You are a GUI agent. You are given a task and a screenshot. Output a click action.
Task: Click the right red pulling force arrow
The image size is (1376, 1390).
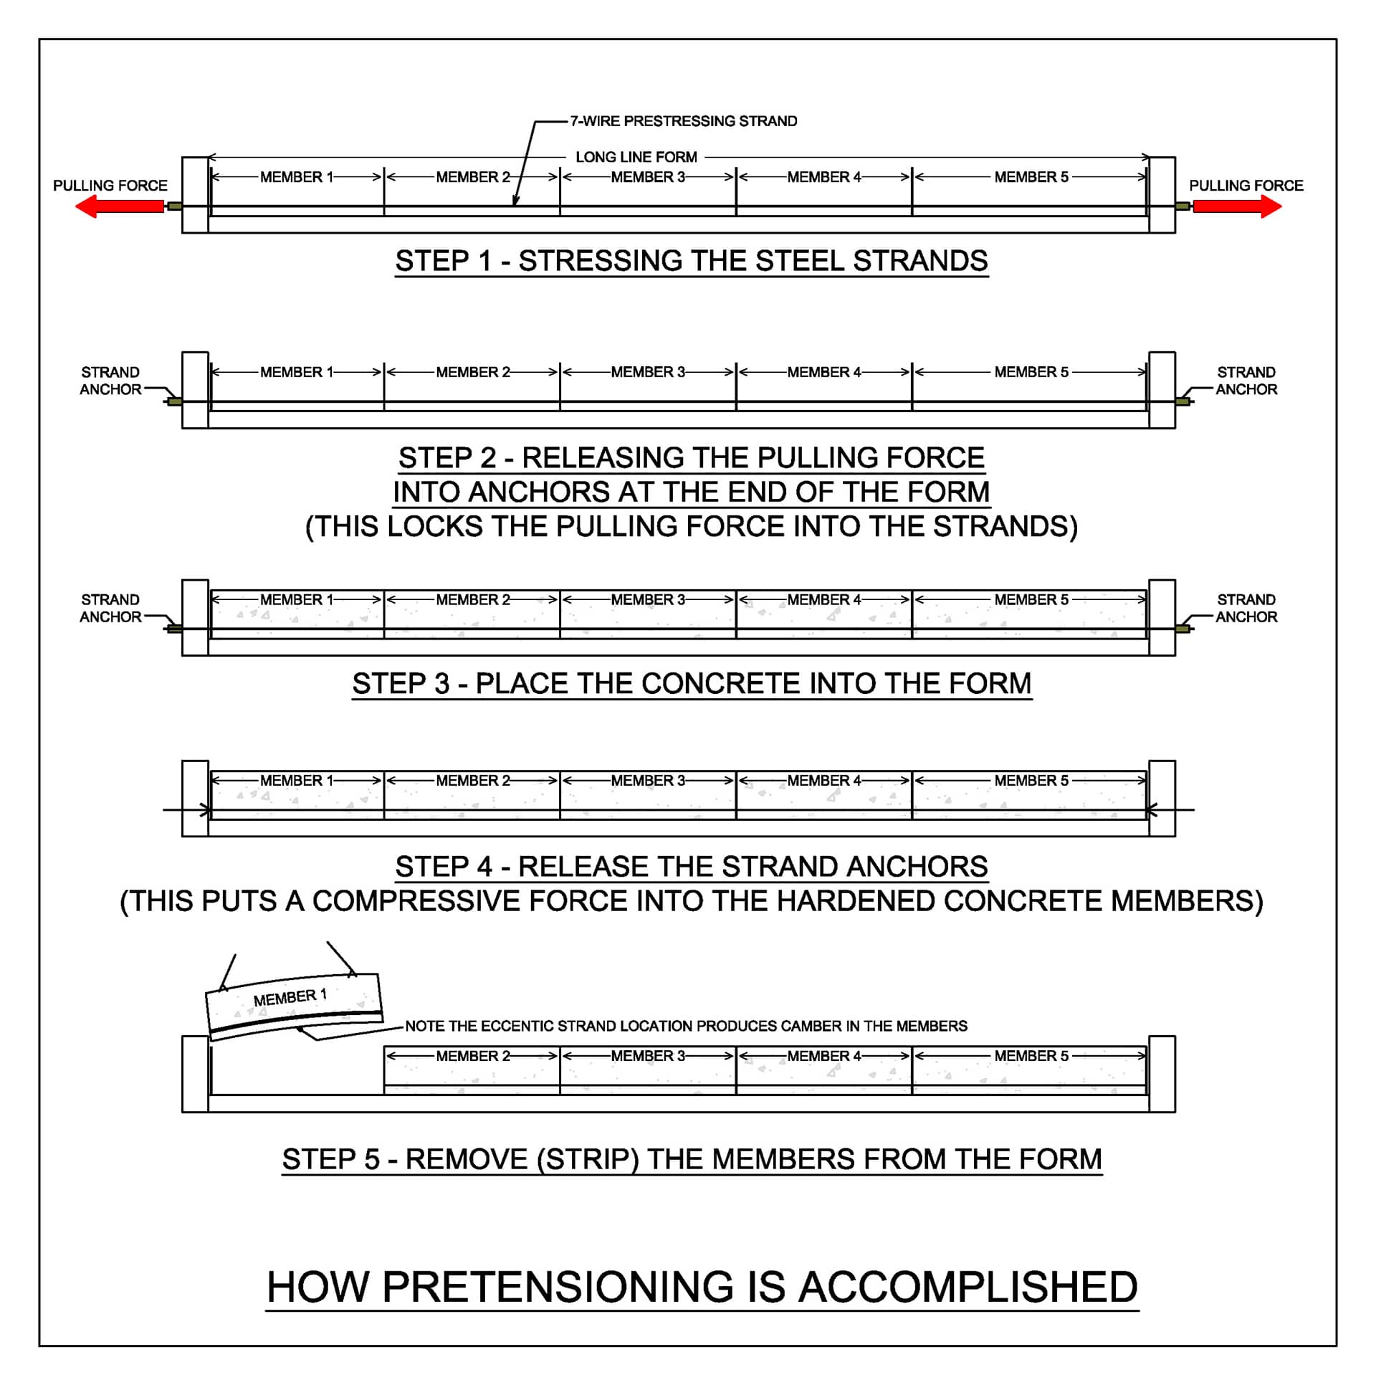click(x=1236, y=206)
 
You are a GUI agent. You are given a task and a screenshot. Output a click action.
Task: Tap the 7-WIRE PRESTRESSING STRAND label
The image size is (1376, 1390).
click(x=682, y=121)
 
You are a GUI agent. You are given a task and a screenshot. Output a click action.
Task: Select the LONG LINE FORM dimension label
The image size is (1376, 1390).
click(x=635, y=157)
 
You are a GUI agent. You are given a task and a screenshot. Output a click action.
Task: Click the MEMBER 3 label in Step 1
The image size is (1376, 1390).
click(x=647, y=177)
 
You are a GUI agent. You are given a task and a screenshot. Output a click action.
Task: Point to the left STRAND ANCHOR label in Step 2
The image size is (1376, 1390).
click(x=110, y=381)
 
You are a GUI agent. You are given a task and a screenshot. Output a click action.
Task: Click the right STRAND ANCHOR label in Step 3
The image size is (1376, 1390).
click(x=1245, y=608)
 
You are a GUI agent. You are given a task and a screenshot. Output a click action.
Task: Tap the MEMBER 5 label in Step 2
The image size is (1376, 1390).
click(x=1030, y=372)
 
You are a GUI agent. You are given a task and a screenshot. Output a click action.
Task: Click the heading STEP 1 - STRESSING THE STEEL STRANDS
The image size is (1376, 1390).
click(x=691, y=260)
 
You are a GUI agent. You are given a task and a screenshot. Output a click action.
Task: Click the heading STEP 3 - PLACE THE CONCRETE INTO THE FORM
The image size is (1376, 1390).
click(x=691, y=682)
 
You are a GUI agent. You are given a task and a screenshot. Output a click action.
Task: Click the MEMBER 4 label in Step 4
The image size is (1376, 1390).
click(x=823, y=780)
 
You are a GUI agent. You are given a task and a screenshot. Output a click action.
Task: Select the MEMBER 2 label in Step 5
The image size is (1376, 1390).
click(x=472, y=1055)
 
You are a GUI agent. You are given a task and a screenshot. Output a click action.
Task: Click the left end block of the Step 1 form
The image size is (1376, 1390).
click(x=195, y=195)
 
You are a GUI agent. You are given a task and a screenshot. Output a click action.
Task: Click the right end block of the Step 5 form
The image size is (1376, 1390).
click(x=1161, y=1073)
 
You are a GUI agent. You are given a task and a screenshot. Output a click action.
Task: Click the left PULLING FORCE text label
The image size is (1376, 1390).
click(x=110, y=186)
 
